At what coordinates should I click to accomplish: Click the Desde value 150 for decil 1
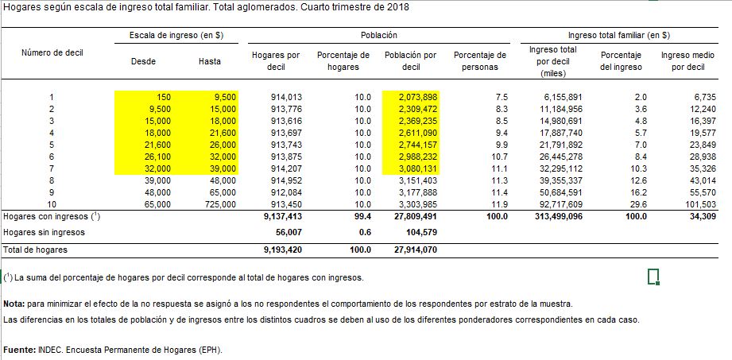pyautogui.click(x=164, y=97)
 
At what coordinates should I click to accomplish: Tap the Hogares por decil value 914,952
pyautogui.click(x=286, y=180)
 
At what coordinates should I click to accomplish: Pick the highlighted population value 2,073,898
pyautogui.click(x=418, y=97)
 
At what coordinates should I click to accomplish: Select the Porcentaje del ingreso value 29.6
pyautogui.click(x=639, y=204)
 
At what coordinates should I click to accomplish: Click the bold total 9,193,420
pyautogui.click(x=283, y=250)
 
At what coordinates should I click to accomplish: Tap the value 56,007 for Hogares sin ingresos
pyautogui.click(x=289, y=232)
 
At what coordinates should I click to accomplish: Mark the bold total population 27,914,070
pyautogui.click(x=414, y=250)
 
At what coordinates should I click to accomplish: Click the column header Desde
pyautogui.click(x=144, y=61)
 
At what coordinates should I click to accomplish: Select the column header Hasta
pyautogui.click(x=210, y=61)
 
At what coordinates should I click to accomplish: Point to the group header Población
pyautogui.click(x=379, y=35)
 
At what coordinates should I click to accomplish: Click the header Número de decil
pyautogui.click(x=52, y=52)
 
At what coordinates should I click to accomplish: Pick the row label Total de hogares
pyautogui.click(x=36, y=250)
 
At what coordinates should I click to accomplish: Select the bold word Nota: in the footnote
pyautogui.click(x=14, y=304)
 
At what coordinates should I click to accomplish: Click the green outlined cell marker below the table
pyautogui.click(x=653, y=277)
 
